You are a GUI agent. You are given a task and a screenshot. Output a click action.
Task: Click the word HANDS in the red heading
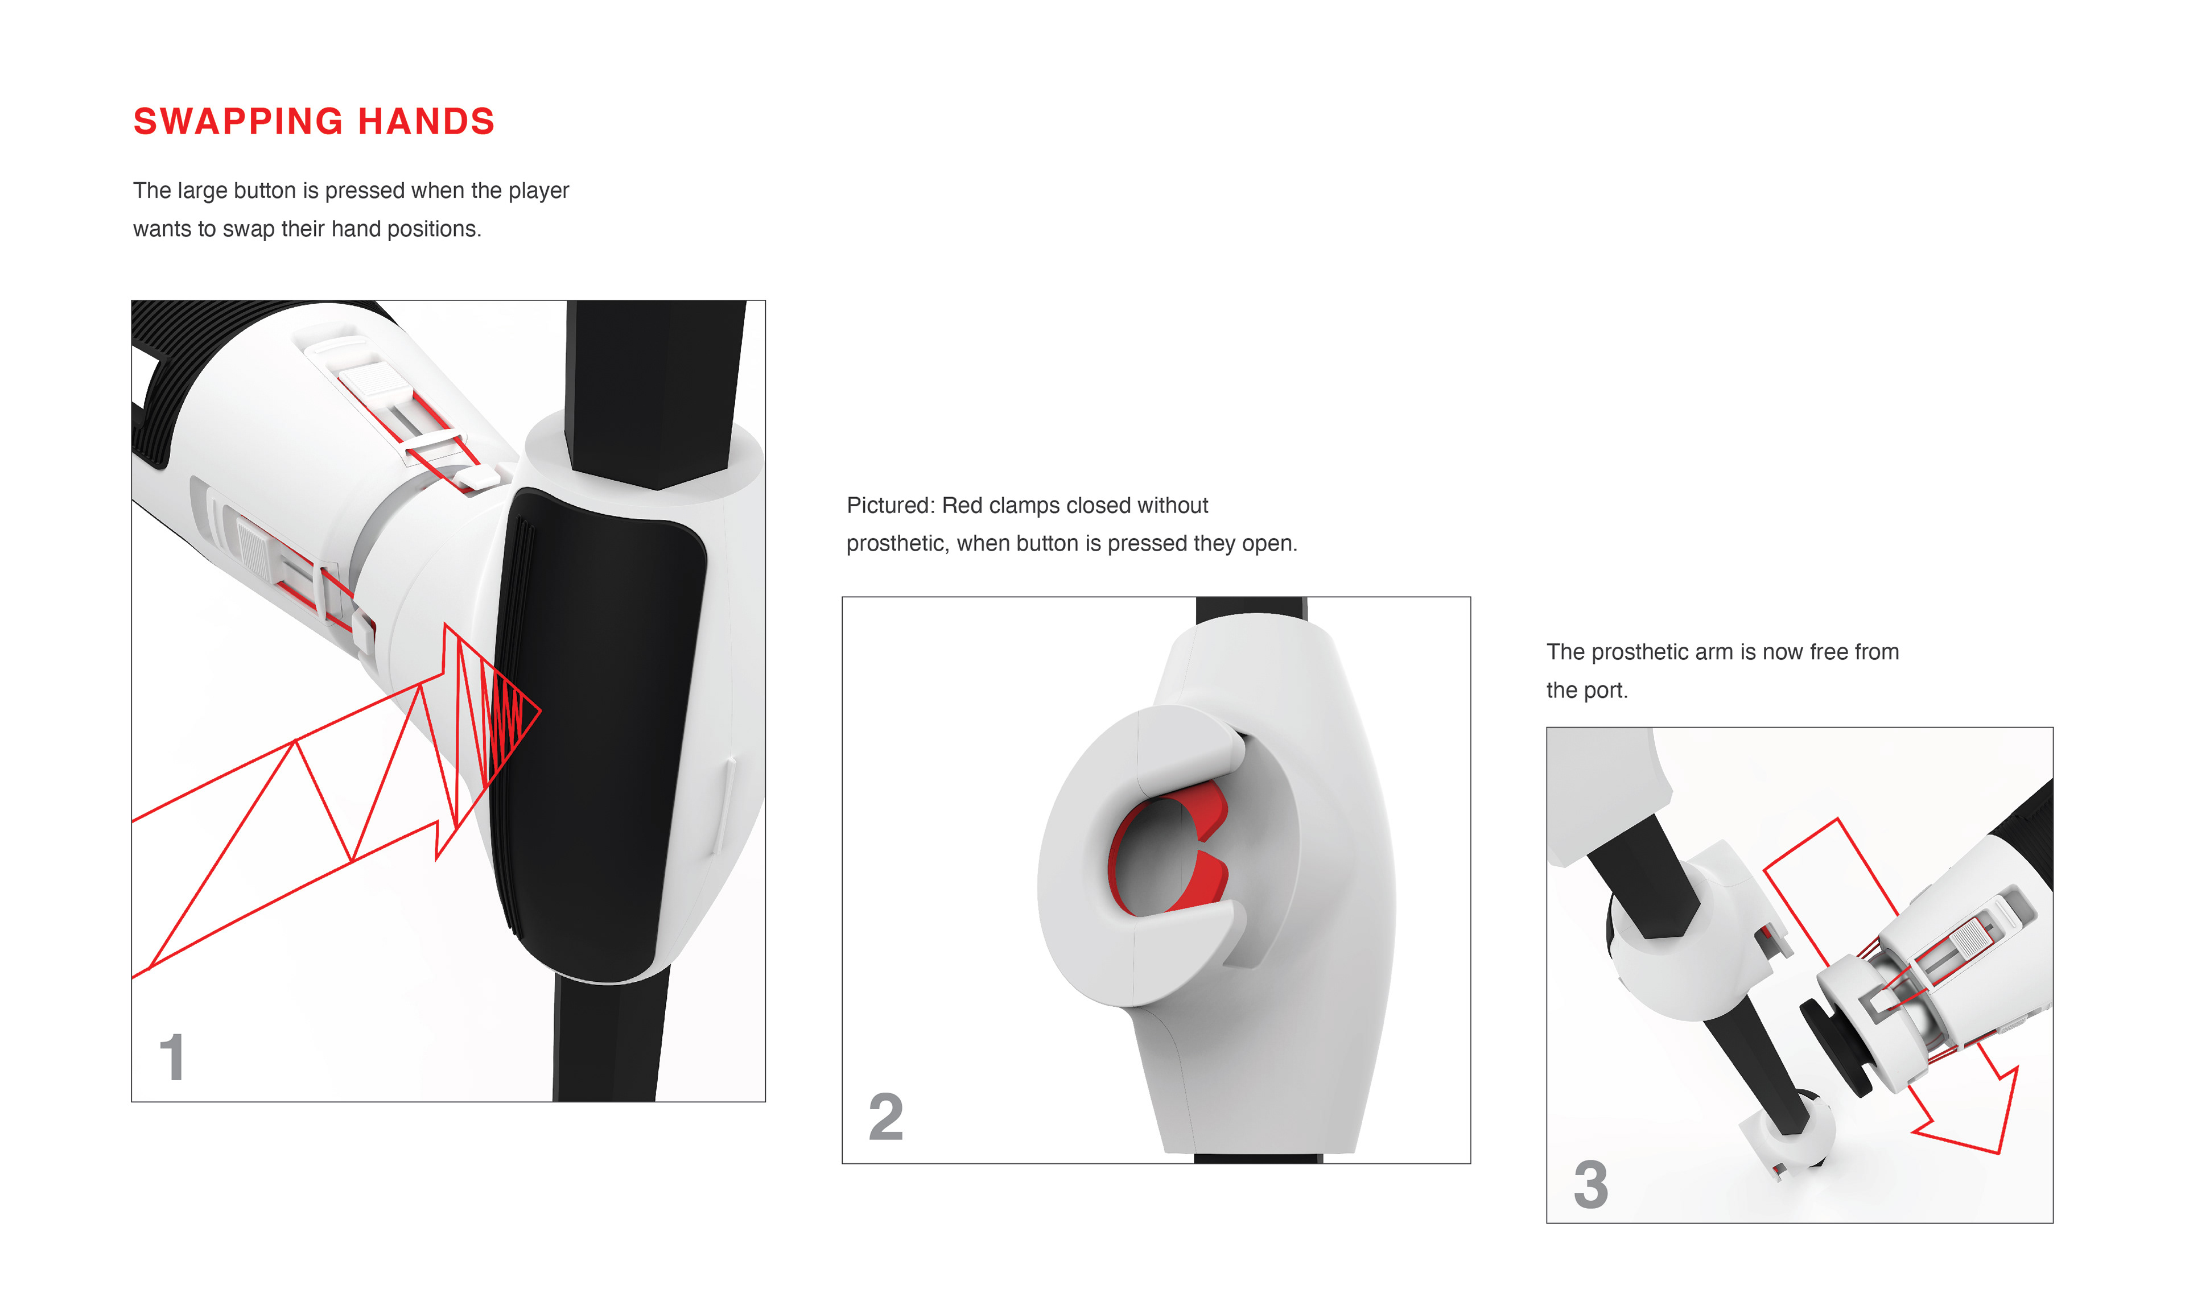click(426, 122)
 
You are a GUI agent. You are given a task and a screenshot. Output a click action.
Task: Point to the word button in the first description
click(265, 191)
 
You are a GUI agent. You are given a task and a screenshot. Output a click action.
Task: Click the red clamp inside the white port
click(1170, 852)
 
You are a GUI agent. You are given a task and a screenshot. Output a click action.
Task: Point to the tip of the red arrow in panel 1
click(541, 709)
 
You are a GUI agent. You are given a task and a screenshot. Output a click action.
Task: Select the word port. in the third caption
click(1603, 691)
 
